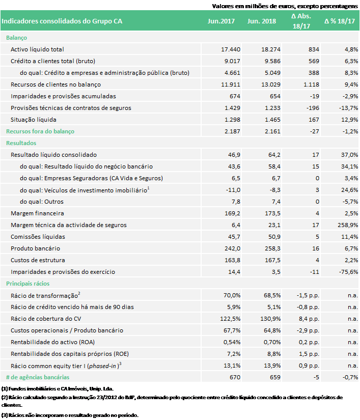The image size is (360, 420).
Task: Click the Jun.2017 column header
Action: (221, 21)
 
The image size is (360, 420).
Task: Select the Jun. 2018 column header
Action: (261, 21)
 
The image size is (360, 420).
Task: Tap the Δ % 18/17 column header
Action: (340, 21)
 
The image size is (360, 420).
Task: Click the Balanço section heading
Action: (17, 38)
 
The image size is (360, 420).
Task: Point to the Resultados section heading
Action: (21, 143)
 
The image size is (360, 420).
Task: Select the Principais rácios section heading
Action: (28, 284)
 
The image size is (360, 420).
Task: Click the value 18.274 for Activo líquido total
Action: (271, 49)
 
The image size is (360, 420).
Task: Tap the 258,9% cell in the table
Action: (348, 225)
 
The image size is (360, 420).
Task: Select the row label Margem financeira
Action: (37, 213)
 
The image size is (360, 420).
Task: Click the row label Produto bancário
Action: (35, 248)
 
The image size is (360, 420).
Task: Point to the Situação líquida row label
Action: (34, 120)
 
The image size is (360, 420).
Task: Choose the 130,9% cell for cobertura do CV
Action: (270, 319)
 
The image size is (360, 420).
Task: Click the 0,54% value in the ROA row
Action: (232, 342)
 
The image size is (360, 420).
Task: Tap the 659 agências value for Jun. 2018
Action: (275, 377)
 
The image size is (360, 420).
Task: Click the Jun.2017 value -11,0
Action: (233, 190)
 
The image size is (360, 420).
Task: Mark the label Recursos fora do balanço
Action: (40, 131)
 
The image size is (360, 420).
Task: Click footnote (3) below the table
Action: (70, 415)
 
